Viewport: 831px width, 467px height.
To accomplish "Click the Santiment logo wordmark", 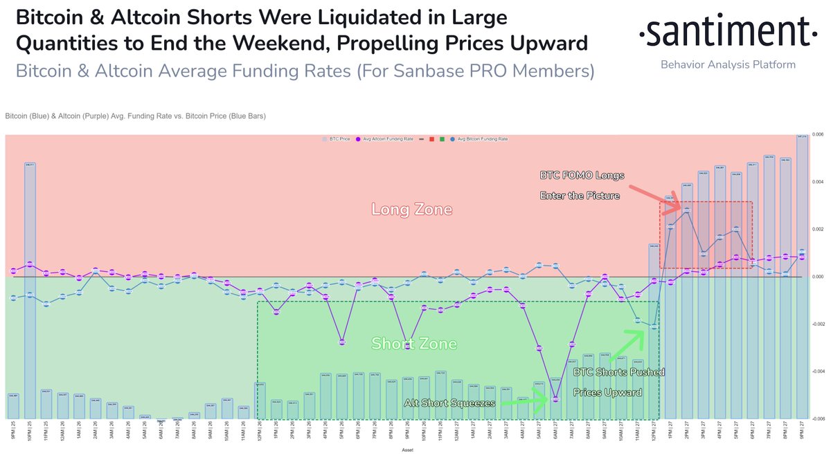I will point(723,33).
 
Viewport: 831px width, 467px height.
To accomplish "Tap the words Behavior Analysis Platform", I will point(728,64).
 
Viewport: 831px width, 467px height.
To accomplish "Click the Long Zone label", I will point(412,208).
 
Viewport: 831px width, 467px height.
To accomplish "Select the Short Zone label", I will point(414,344).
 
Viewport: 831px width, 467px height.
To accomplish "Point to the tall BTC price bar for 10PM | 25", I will point(30,291).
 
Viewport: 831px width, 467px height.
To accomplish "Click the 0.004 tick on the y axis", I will point(817,182).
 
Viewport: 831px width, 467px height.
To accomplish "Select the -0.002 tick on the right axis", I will point(817,324).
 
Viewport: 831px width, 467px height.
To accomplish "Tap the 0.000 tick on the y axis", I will point(817,277).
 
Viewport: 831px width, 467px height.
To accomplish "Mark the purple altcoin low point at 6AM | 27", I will point(555,399).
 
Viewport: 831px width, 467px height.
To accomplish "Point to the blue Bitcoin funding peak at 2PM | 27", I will point(687,210).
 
